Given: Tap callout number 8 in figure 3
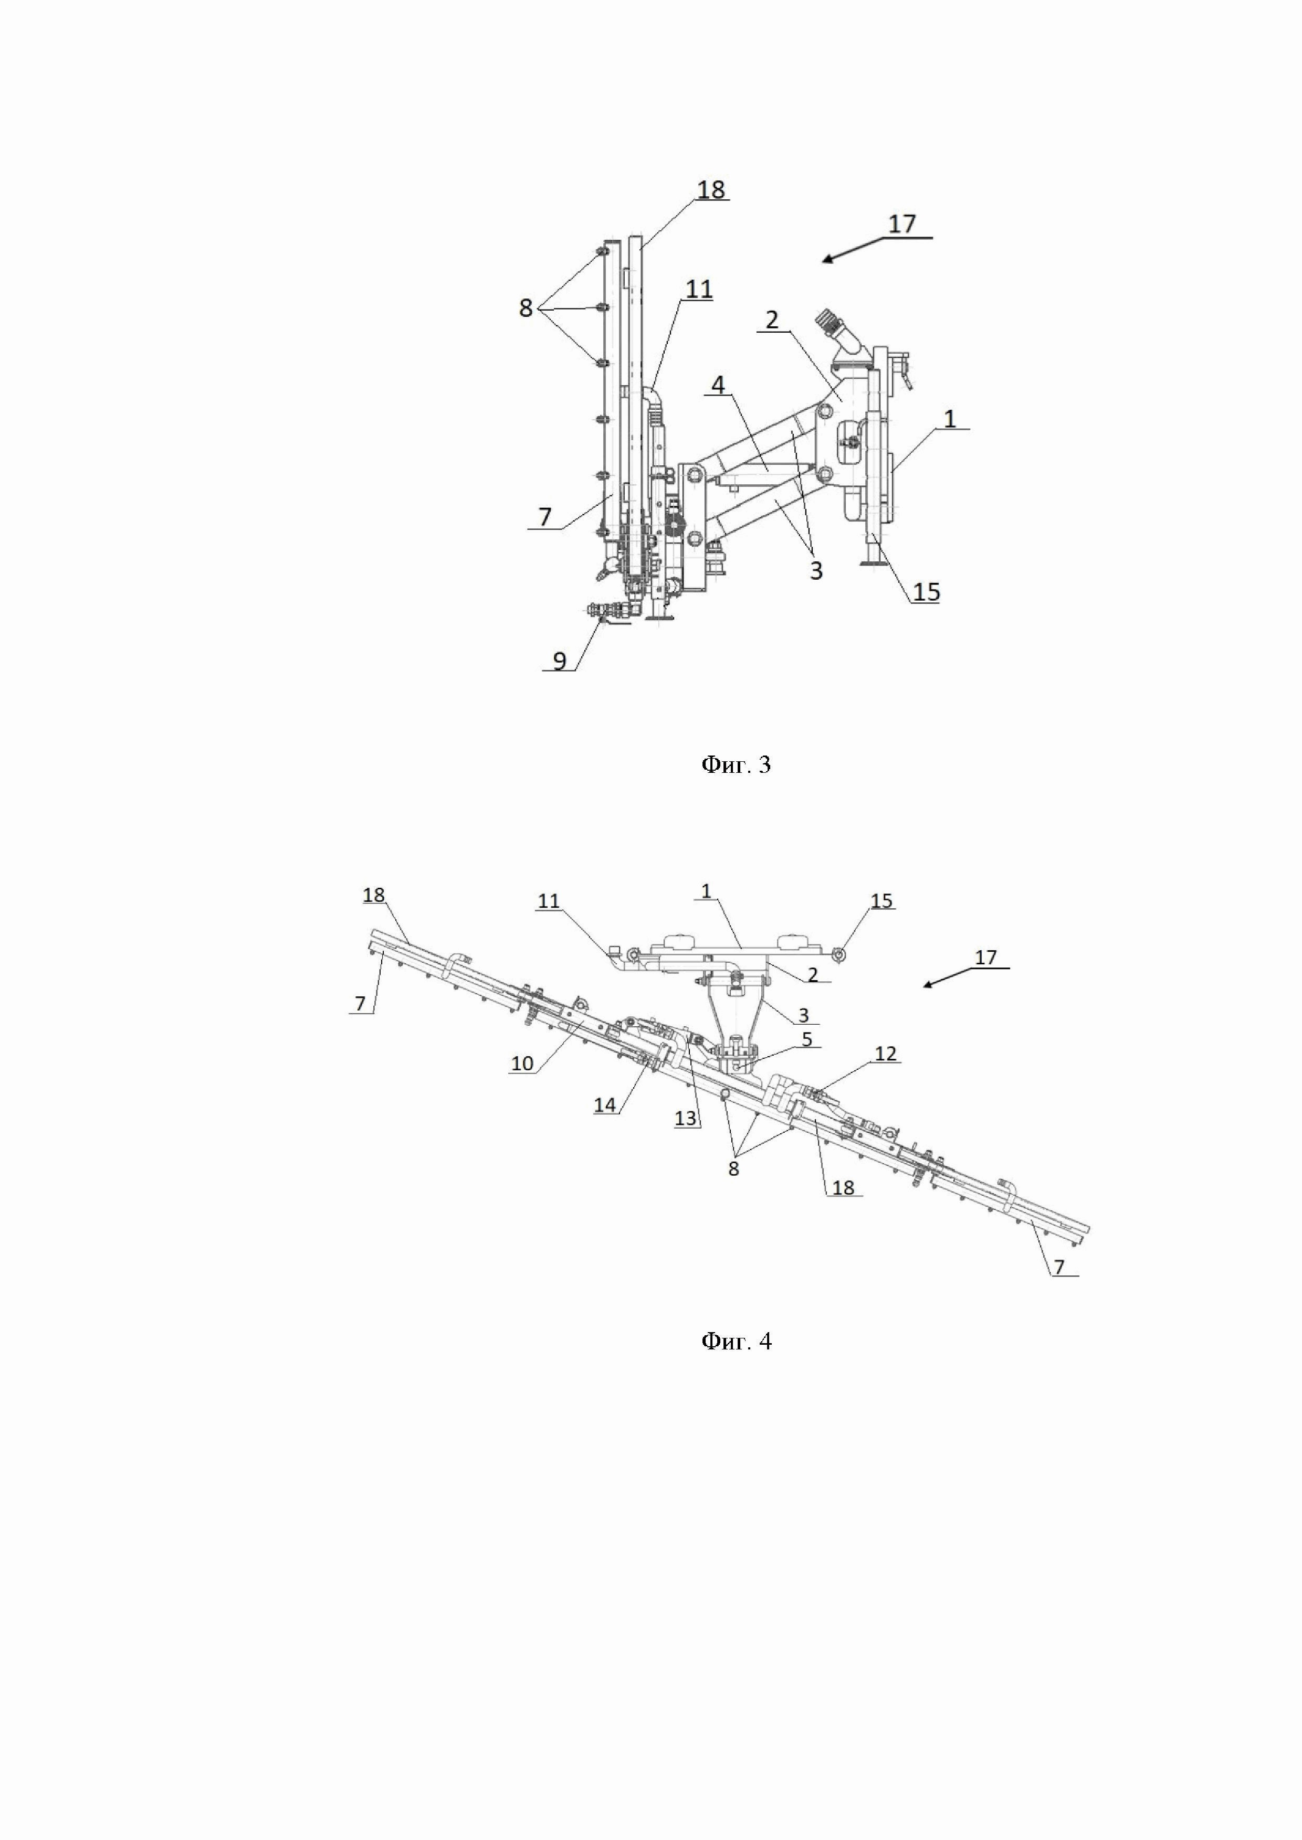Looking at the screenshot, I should [x=526, y=308].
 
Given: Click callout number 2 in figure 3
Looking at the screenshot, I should [x=771, y=320].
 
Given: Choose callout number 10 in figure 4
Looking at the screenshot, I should [x=522, y=1063].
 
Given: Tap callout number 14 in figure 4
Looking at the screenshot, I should [x=605, y=1105].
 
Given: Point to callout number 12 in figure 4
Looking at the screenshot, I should [x=885, y=1054].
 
